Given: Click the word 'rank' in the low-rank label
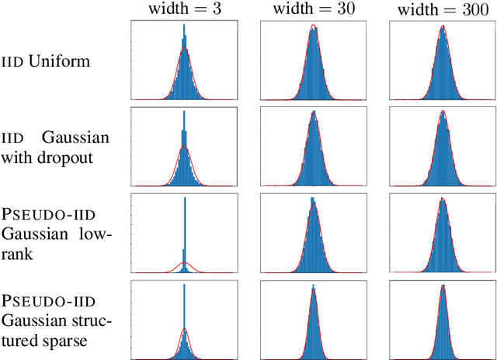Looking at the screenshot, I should tap(16, 254).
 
